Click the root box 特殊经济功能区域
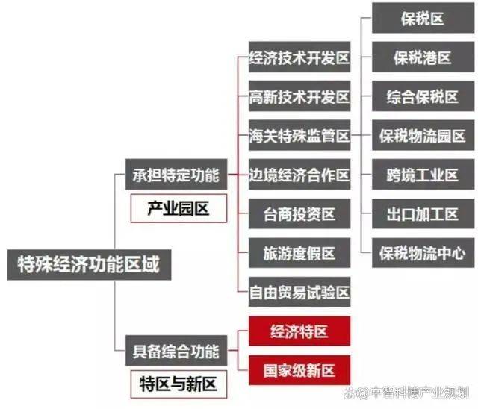[x=89, y=265]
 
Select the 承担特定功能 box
[x=176, y=175]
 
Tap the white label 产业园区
[x=179, y=209]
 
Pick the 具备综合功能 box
[x=176, y=351]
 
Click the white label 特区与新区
[x=179, y=384]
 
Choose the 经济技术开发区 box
[x=299, y=57]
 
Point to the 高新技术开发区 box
[x=299, y=96]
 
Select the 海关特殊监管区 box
[x=299, y=135]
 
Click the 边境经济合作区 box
[x=299, y=175]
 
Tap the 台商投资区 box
[x=299, y=213]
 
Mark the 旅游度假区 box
[x=299, y=253]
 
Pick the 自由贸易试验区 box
[x=299, y=292]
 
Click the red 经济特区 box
[x=299, y=331]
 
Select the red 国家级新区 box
[x=299, y=370]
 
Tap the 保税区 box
[x=423, y=18]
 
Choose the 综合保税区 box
[x=423, y=96]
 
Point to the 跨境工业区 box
[x=423, y=175]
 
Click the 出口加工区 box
[x=423, y=213]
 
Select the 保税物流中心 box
[x=423, y=253]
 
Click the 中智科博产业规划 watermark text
[x=420, y=393]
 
